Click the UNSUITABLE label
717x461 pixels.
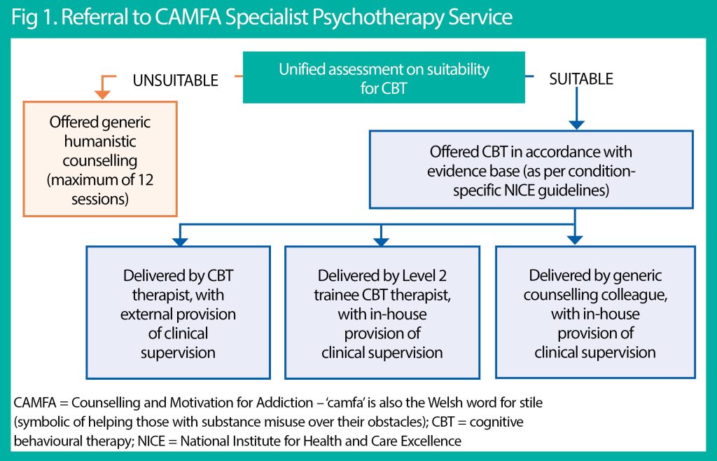(175, 81)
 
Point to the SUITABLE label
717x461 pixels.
(581, 79)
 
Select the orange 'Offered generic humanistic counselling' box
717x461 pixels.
(100, 159)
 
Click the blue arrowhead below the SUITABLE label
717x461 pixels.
(576, 124)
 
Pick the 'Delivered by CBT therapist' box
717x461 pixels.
(179, 312)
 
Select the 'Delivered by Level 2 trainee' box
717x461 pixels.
(382, 312)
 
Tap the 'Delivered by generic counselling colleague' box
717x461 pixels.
(595, 312)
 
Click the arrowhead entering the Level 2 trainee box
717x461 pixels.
(381, 240)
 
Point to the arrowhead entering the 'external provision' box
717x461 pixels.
(180, 240)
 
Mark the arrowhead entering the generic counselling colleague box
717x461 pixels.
(576, 240)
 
